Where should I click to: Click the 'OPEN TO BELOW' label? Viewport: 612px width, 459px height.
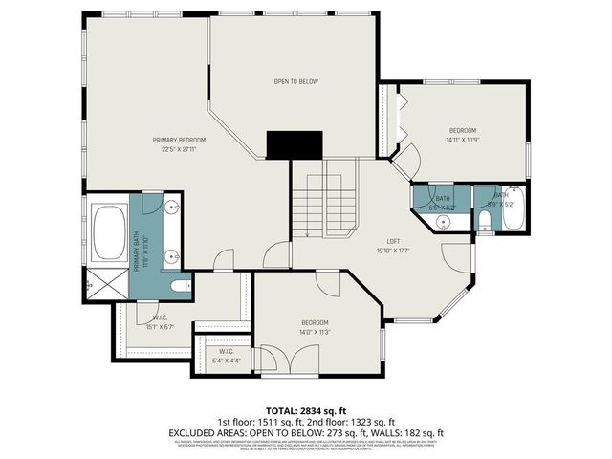[x=295, y=82]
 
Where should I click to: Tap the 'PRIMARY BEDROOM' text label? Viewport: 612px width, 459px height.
[x=179, y=141]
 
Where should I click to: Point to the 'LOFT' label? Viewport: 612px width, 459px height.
[x=393, y=241]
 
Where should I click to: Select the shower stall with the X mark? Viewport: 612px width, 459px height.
[x=98, y=285]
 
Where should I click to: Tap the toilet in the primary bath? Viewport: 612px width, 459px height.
[x=176, y=286]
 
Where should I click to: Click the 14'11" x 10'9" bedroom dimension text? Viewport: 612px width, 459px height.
[x=463, y=140]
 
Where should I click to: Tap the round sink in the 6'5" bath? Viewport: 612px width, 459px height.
[x=444, y=222]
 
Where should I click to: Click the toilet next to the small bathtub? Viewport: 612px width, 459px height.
[x=484, y=223]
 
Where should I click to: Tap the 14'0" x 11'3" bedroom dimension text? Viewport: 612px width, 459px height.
[x=315, y=332]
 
